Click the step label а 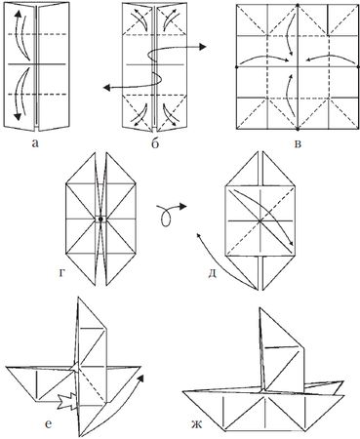tap(35, 143)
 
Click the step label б tap(155, 142)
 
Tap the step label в tap(298, 143)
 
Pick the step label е tap(48, 424)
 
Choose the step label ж tap(197, 424)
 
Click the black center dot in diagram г tap(100, 219)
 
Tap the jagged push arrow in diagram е tap(67, 401)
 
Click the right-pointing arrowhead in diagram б tap(203, 47)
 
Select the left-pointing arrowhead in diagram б tap(106, 87)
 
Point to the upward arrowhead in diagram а tap(19, 14)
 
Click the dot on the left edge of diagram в tap(236, 67)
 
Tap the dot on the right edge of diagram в tap(358, 67)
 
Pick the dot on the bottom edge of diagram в tap(298, 130)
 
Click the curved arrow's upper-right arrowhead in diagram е tap(140, 379)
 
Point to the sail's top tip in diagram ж tap(260, 307)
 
